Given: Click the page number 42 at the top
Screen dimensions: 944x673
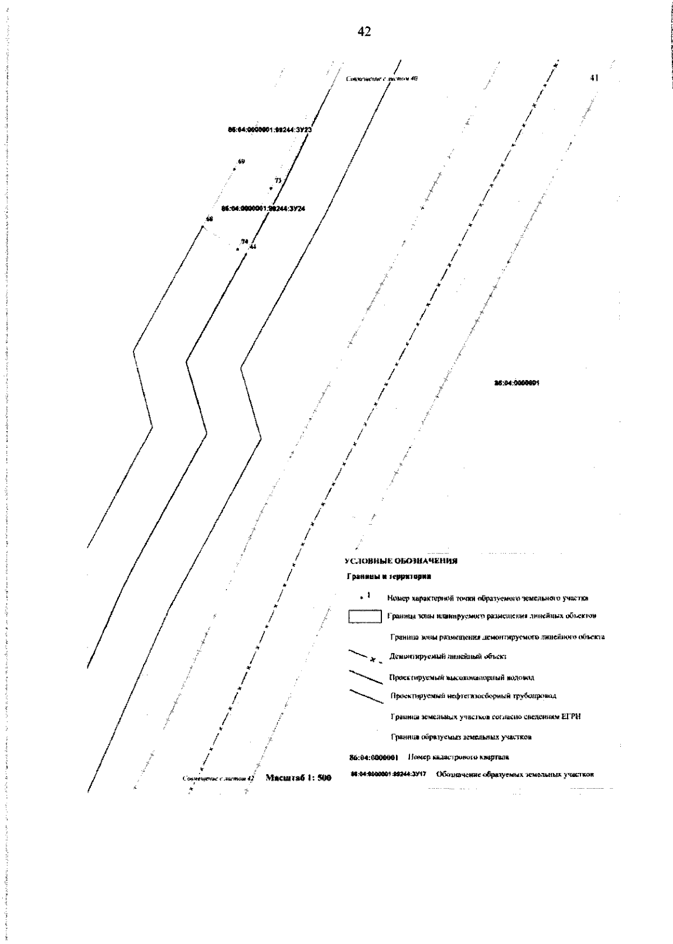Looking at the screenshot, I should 364,33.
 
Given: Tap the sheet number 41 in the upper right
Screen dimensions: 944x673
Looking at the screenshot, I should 595,78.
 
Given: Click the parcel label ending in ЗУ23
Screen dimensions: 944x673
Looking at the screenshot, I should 270,129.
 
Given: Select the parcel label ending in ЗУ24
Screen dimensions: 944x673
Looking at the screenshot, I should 263,209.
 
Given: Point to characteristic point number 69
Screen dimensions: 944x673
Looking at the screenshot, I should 241,162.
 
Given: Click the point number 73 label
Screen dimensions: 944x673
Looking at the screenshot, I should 277,181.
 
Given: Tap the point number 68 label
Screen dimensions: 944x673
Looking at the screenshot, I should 209,219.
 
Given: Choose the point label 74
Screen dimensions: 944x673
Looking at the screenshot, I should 244,242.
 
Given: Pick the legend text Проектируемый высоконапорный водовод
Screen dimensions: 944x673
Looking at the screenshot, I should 462,677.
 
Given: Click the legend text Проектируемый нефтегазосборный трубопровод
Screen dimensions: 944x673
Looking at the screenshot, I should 473,696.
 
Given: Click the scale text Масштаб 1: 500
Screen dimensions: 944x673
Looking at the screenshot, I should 298,778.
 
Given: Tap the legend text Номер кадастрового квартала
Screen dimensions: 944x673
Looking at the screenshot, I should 458,757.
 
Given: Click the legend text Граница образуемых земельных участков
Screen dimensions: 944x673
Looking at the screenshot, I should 461,737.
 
